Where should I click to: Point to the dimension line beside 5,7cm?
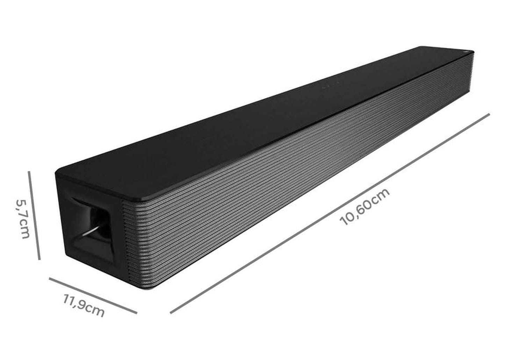coord(34,215)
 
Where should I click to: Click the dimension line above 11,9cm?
coord(93,296)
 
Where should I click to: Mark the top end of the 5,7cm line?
coord(29,172)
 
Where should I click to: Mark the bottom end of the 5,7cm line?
coord(39,259)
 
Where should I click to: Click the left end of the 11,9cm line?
coord(50,279)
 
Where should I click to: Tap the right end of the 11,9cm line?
coord(136,313)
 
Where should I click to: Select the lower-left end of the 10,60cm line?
coord(171,312)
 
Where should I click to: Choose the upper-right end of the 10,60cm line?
coord(489,114)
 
